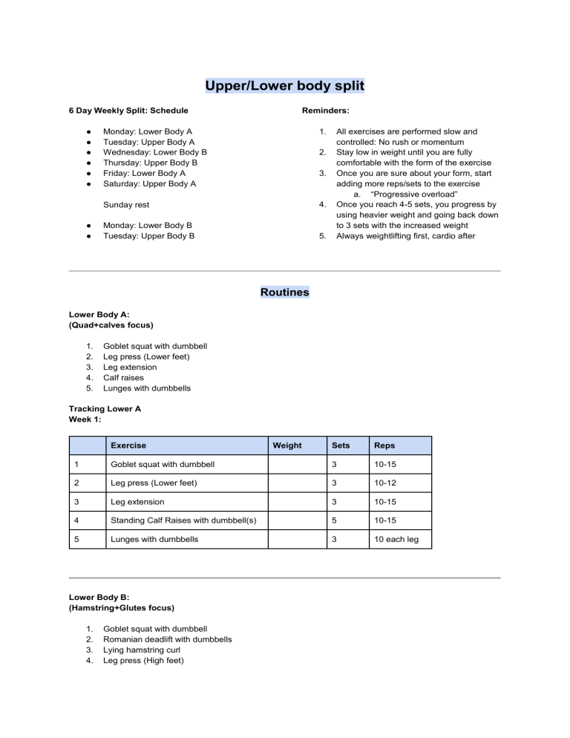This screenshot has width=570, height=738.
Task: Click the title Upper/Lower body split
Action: [x=284, y=86]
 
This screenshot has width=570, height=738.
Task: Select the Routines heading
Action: [x=284, y=292]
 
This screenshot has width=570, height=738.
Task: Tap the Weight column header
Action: [x=287, y=445]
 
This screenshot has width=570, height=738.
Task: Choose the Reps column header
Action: [x=384, y=445]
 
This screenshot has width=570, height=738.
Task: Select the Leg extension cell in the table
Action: [x=134, y=502]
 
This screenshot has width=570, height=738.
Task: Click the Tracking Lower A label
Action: [x=105, y=408]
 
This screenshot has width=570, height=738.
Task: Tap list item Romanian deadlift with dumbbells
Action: [x=167, y=639]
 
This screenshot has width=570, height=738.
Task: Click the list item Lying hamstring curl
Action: [x=142, y=650]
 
